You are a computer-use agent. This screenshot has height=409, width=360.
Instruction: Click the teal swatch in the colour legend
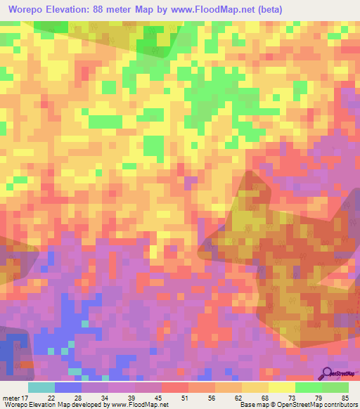coord(41,387)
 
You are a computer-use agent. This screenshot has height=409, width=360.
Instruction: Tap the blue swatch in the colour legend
coord(68,387)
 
